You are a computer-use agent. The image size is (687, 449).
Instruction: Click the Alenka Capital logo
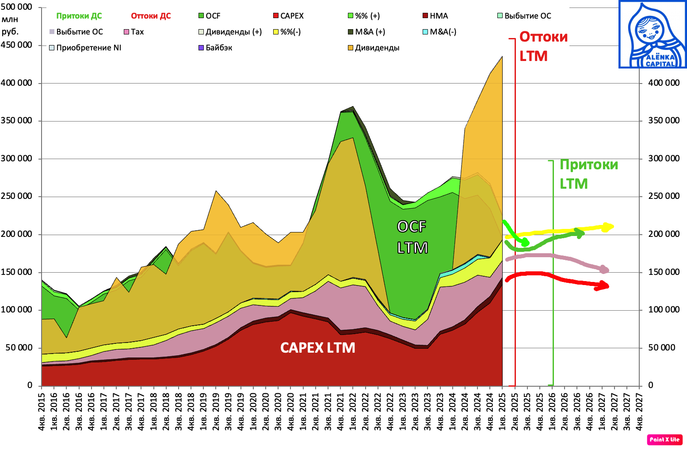pyautogui.click(x=653, y=34)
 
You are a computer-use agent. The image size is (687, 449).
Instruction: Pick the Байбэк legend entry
pyautogui.click(x=216, y=48)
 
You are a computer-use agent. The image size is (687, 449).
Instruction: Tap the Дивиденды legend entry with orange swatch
pyautogui.click(x=374, y=48)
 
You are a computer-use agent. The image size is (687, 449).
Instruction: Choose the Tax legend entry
pyautogui.click(x=134, y=32)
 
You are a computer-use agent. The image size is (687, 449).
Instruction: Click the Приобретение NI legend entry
pyautogui.click(x=85, y=48)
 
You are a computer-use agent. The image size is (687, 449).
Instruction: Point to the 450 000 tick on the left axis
pyautogui.click(x=17, y=45)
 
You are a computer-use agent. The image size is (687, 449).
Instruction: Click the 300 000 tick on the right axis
pyautogui.click(x=664, y=159)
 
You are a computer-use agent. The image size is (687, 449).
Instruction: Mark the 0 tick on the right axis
pyautogui.click(x=651, y=385)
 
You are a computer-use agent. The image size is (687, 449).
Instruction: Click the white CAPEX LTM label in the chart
pyautogui.click(x=317, y=348)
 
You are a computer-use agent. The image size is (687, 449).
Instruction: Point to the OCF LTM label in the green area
pyautogui.click(x=412, y=237)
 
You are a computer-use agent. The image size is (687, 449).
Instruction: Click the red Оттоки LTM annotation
pyautogui.click(x=543, y=46)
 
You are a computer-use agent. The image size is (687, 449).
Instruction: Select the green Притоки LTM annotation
pyautogui.click(x=588, y=174)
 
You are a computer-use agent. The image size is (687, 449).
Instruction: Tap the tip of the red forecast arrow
pyautogui.click(x=608, y=286)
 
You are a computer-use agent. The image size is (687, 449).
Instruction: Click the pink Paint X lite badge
pyautogui.click(x=664, y=439)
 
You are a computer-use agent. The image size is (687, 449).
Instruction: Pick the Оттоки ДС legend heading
pyautogui.click(x=151, y=16)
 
